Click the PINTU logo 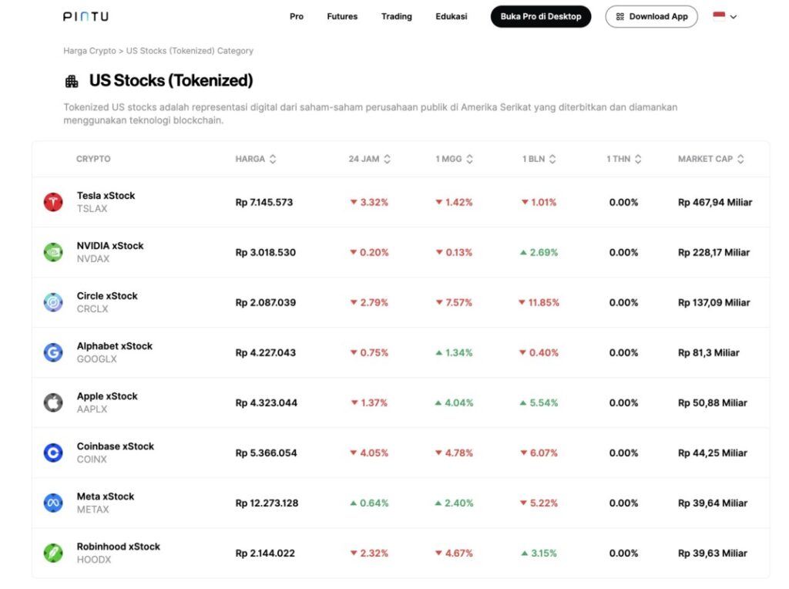pos(86,16)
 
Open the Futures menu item pos(342,16)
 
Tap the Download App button pos(651,16)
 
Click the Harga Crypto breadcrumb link pos(89,51)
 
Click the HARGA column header pos(250,159)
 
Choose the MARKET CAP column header pos(706,159)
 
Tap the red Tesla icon pos(53,202)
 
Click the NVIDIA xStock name pos(110,246)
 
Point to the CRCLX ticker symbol pos(92,308)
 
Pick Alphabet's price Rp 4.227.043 pos(266,353)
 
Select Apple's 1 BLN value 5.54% pos(539,403)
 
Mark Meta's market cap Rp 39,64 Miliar pos(713,503)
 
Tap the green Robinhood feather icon pos(53,553)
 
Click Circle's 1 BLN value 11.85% pos(539,303)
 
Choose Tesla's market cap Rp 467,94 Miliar pos(715,203)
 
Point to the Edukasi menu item pos(451,16)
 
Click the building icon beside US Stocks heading pos(72,81)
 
